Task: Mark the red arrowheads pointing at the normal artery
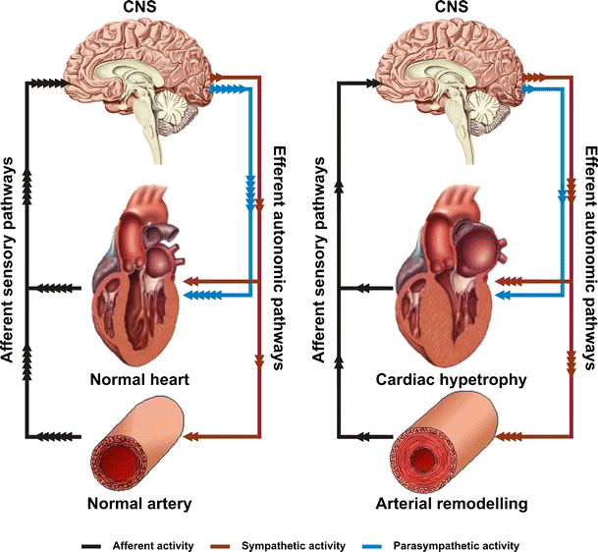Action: pyautogui.click(x=202, y=435)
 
